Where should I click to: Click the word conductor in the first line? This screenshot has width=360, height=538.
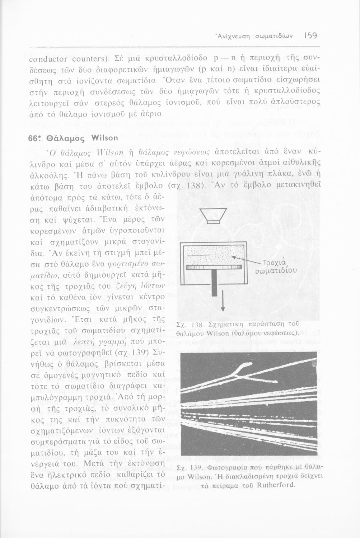coord(47,58)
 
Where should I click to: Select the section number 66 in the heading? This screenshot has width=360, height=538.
coord(34,138)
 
